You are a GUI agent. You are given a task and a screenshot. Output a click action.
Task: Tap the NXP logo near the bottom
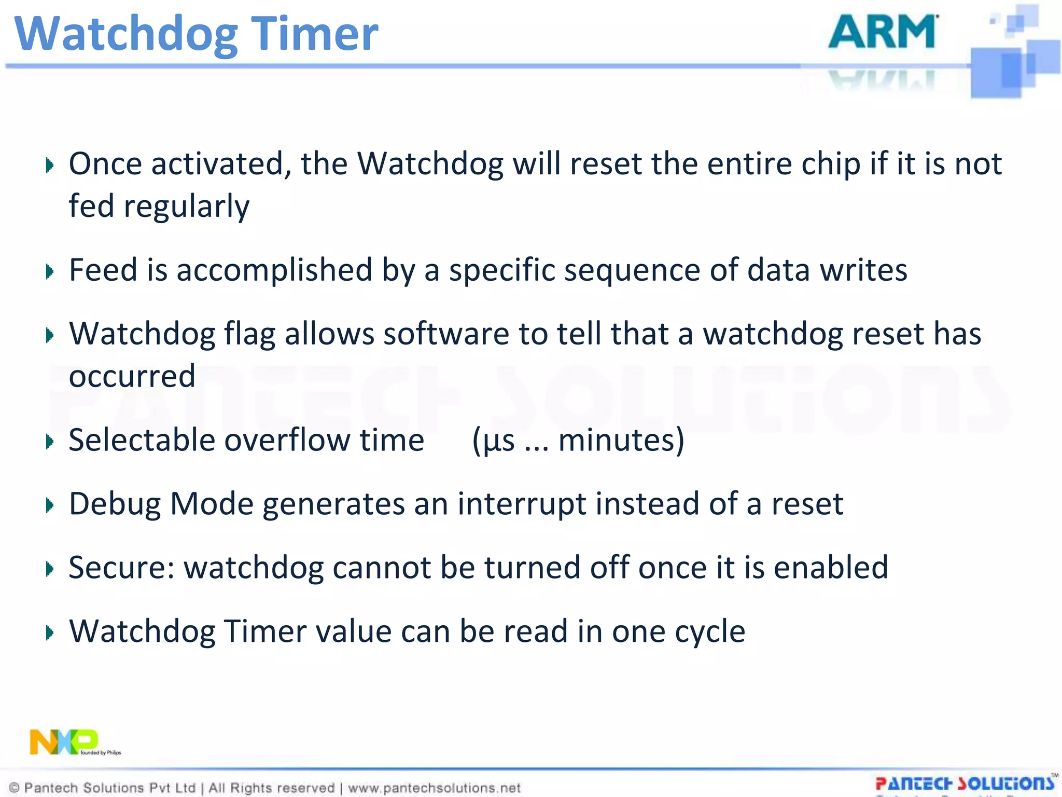pos(65,741)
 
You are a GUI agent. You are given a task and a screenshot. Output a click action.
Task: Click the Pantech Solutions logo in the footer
pos(965,783)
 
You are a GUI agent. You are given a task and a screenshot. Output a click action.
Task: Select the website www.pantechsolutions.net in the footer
pos(434,788)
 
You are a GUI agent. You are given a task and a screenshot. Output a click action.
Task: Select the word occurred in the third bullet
pos(132,376)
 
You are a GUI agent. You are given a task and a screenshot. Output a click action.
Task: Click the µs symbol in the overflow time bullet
pos(498,441)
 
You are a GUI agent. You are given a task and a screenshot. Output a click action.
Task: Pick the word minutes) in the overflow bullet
pos(621,440)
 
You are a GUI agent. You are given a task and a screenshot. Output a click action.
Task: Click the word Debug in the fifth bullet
pos(114,505)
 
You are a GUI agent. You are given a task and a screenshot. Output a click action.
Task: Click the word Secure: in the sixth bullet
pos(121,567)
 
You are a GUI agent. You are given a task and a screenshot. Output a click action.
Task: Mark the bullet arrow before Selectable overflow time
pos(50,442)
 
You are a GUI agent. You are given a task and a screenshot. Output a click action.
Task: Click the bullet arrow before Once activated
pos(50,166)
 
